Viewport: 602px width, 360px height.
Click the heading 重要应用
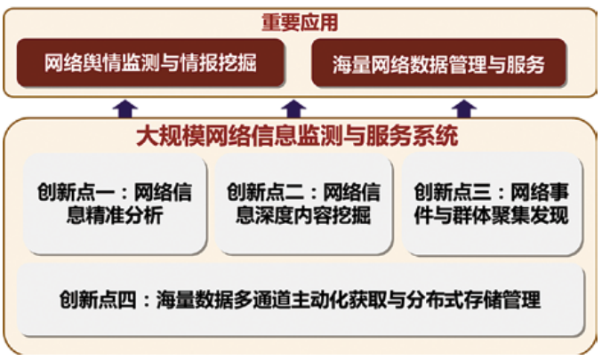tap(300, 22)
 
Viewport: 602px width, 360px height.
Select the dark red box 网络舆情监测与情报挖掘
tap(150, 63)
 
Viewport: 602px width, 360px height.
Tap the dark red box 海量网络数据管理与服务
tap(439, 63)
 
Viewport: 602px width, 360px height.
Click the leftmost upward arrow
tap(125, 108)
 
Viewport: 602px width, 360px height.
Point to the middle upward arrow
tap(293, 108)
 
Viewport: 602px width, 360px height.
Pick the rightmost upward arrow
tap(464, 108)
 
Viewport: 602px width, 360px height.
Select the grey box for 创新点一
tap(116, 204)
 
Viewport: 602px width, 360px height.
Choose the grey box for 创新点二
tap(304, 204)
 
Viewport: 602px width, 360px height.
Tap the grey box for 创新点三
tap(493, 204)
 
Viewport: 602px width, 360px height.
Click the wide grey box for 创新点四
tap(301, 300)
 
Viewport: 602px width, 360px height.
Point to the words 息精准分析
tap(115, 215)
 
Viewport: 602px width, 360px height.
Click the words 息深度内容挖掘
tap(303, 215)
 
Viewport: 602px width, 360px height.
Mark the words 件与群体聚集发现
tap(492, 215)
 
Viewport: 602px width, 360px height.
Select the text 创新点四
tap(98, 300)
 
